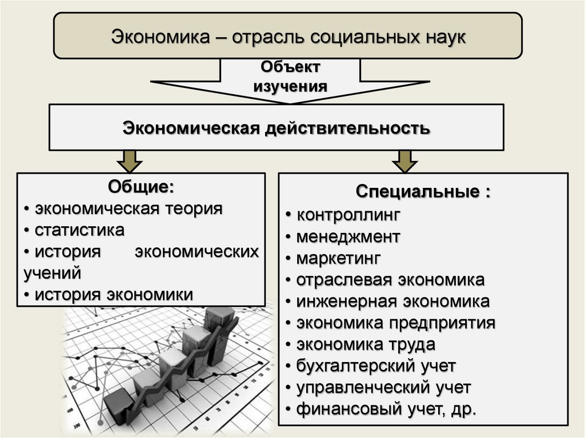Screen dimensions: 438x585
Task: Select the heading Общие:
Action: click(141, 187)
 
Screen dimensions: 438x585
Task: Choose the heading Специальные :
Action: click(423, 191)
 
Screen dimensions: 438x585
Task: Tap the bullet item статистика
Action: click(79, 230)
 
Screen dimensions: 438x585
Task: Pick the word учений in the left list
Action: click(52, 273)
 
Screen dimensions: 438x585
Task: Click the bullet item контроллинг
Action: click(348, 215)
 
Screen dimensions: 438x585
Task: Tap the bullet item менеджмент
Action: click(348, 236)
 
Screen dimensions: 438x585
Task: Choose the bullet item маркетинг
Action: click(338, 258)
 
